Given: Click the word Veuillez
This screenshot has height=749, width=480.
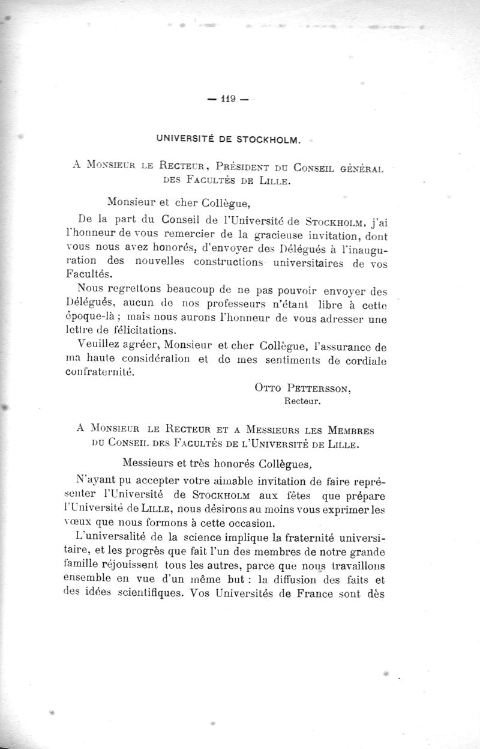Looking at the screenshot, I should pyautogui.click(x=98, y=346).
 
